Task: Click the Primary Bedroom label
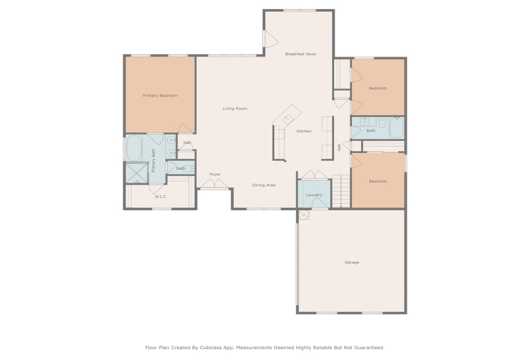160,96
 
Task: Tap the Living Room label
235,109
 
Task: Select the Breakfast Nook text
301,54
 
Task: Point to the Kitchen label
304,131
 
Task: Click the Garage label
352,262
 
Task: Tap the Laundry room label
314,195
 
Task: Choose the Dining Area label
263,185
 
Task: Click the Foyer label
215,174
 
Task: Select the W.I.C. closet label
161,197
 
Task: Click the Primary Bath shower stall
137,173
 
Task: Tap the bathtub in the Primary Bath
134,148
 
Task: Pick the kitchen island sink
288,118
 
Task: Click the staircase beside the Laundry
341,191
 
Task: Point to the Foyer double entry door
215,183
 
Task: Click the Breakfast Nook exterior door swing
270,39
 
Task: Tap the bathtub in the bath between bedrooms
396,128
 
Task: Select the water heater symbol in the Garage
303,215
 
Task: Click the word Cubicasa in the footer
213,348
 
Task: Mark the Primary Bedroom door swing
186,129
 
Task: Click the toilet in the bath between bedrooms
382,122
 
